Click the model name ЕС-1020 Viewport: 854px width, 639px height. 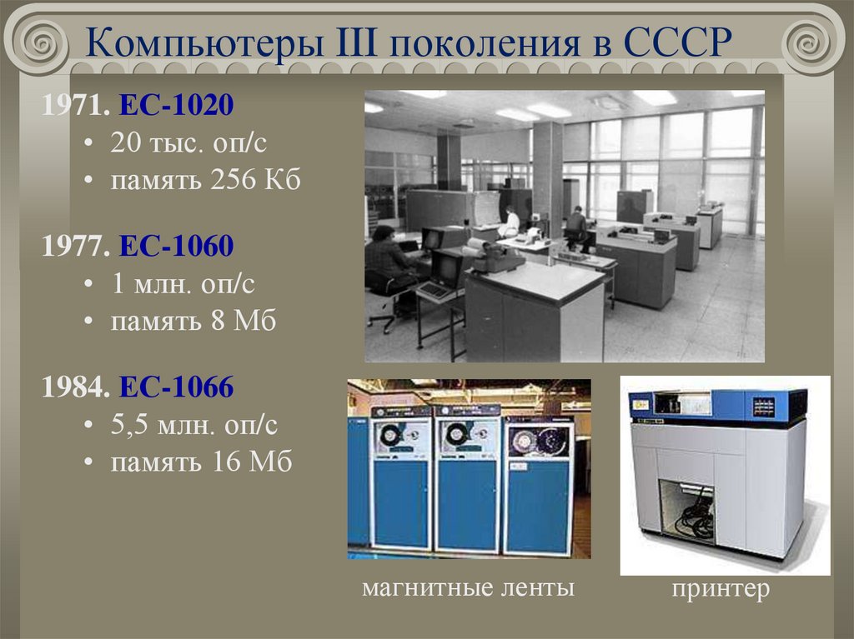(x=176, y=106)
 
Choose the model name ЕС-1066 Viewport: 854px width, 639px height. (x=176, y=387)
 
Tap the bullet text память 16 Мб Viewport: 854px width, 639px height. (x=201, y=462)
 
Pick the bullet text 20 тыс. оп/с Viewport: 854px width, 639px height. (x=188, y=143)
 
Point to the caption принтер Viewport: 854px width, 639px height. (x=721, y=590)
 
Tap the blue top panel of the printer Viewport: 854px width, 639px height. (x=717, y=406)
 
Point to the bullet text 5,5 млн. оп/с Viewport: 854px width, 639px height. (x=193, y=425)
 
